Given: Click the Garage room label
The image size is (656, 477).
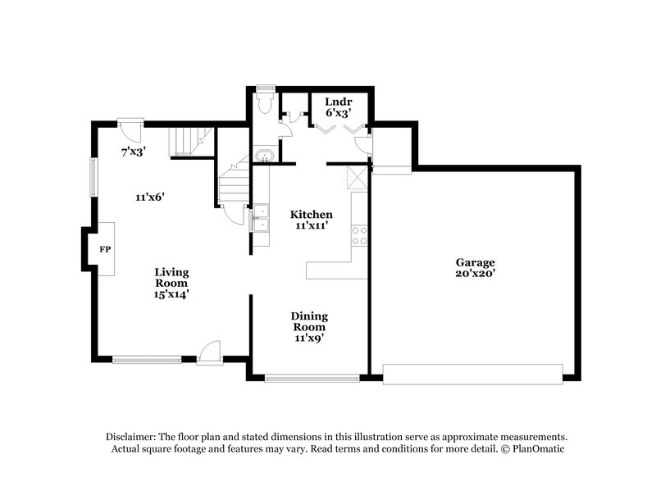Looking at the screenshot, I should [x=476, y=262].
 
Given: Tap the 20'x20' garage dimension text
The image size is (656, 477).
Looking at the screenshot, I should [x=476, y=274].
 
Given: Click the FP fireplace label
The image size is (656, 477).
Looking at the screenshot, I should [x=105, y=248].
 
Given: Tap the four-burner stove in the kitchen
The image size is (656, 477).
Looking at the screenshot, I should [x=359, y=236].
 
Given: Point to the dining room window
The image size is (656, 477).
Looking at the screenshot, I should [x=312, y=378].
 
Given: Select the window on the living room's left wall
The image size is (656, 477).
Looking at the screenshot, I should [x=93, y=176].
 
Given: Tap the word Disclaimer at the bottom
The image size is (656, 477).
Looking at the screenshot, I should [x=132, y=437].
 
